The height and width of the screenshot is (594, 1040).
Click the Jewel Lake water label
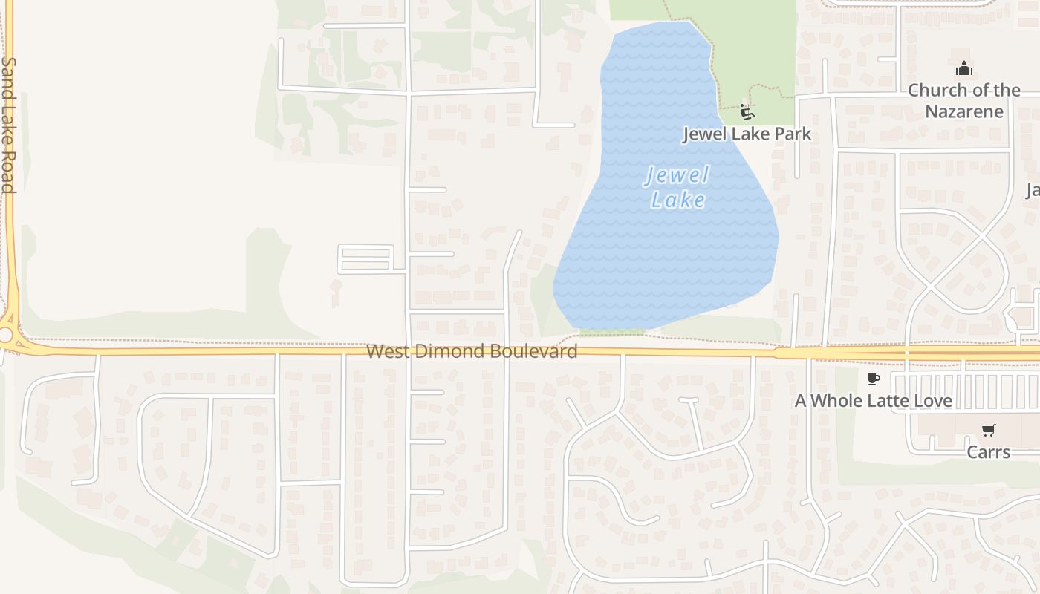tap(677, 188)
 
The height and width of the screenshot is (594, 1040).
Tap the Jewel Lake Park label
tap(747, 134)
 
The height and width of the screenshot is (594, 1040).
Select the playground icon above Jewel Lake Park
tap(747, 113)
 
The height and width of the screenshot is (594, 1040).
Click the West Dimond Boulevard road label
tap(472, 351)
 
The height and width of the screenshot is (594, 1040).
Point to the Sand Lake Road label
tap(8, 125)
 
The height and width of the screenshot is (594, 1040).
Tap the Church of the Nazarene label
tap(964, 100)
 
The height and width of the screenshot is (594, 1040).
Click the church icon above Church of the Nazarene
tap(964, 69)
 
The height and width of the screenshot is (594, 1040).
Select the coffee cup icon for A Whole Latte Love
tap(874, 379)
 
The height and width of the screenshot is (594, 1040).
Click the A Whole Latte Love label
tap(874, 401)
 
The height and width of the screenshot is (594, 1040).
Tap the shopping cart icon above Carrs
tap(988, 430)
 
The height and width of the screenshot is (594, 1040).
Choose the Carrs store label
tap(988, 451)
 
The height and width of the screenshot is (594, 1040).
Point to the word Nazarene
tap(964, 111)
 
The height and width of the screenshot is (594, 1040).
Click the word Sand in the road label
tap(8, 74)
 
